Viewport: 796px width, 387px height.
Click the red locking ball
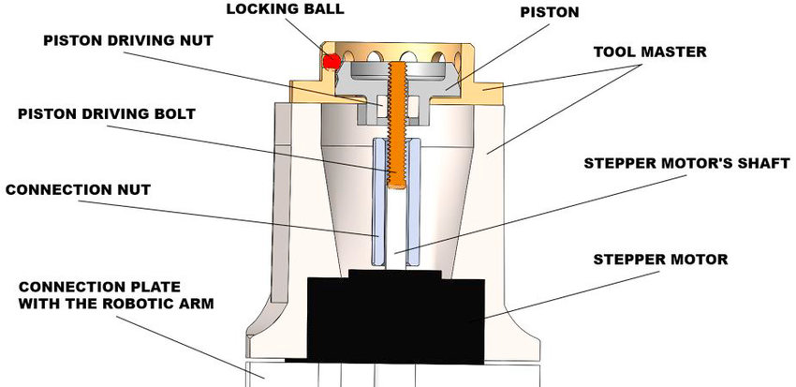[x=330, y=62]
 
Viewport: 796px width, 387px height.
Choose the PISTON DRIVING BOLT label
[x=105, y=114]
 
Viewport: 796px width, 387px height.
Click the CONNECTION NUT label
[x=78, y=189]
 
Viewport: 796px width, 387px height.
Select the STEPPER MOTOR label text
[x=661, y=258]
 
